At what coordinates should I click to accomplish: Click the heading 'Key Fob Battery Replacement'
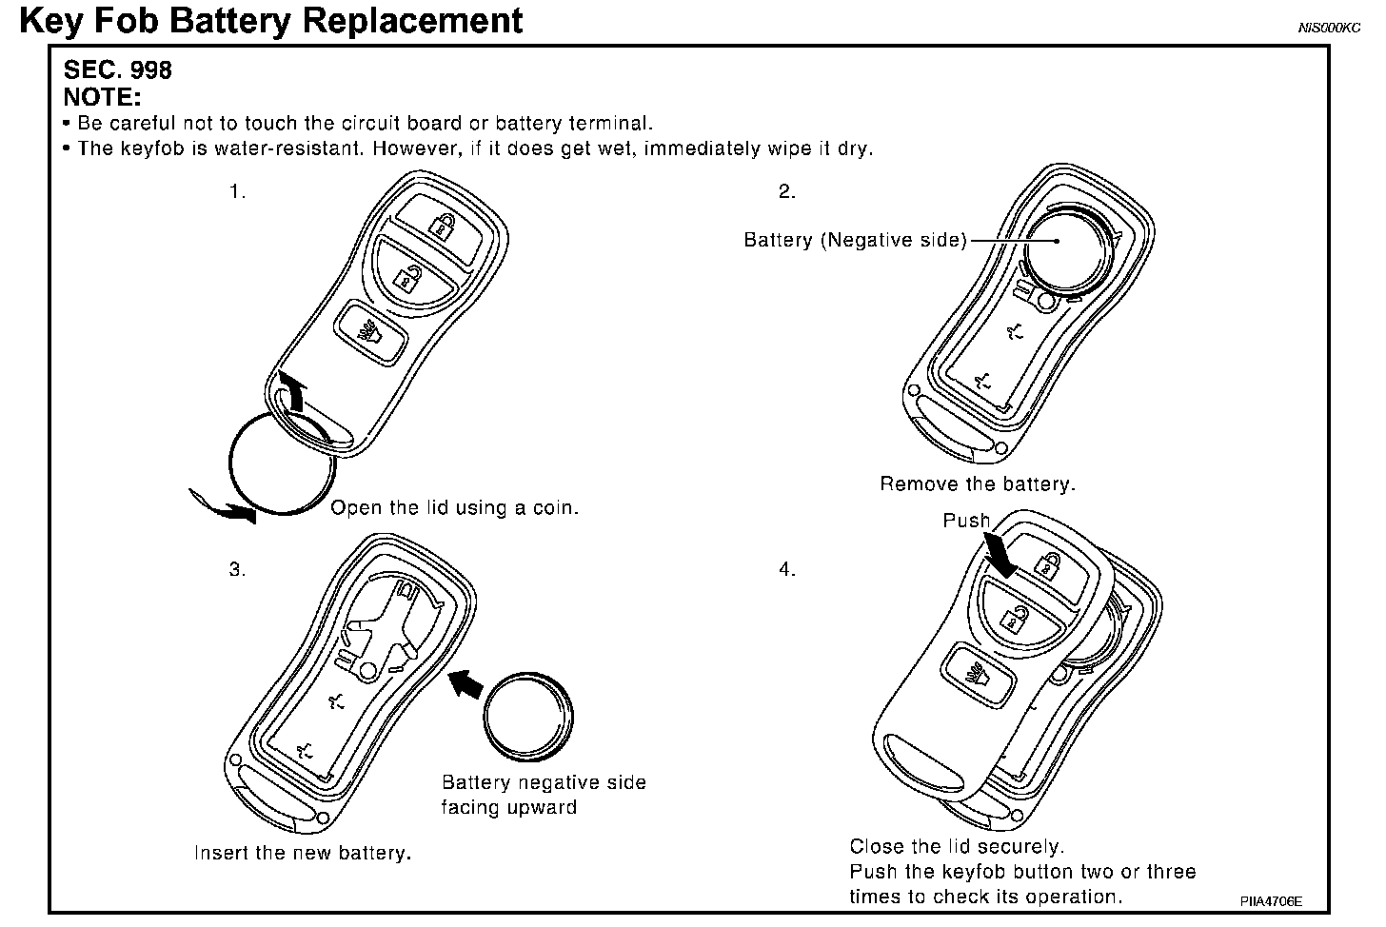pyautogui.click(x=271, y=20)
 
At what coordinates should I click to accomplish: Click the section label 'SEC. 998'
pyautogui.click(x=117, y=70)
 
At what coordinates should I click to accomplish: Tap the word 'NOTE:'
pyautogui.click(x=102, y=97)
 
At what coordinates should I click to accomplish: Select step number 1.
pyautogui.click(x=237, y=191)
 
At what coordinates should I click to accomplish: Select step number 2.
pyautogui.click(x=786, y=191)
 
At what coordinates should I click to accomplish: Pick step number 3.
pyautogui.click(x=237, y=569)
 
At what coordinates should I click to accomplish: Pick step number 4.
pyautogui.click(x=786, y=569)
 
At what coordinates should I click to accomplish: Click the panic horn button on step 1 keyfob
pyautogui.click(x=368, y=333)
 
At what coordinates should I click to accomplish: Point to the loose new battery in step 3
pyautogui.click(x=527, y=715)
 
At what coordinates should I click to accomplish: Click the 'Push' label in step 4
pyautogui.click(x=966, y=521)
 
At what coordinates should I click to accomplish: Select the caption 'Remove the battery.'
pyautogui.click(x=977, y=484)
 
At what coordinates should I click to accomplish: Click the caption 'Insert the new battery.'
pyautogui.click(x=303, y=853)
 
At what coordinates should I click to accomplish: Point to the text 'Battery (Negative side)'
pyautogui.click(x=855, y=240)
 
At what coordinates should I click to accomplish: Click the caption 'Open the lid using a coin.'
pyautogui.click(x=454, y=508)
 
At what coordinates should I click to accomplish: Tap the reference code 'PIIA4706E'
pyautogui.click(x=1270, y=899)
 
